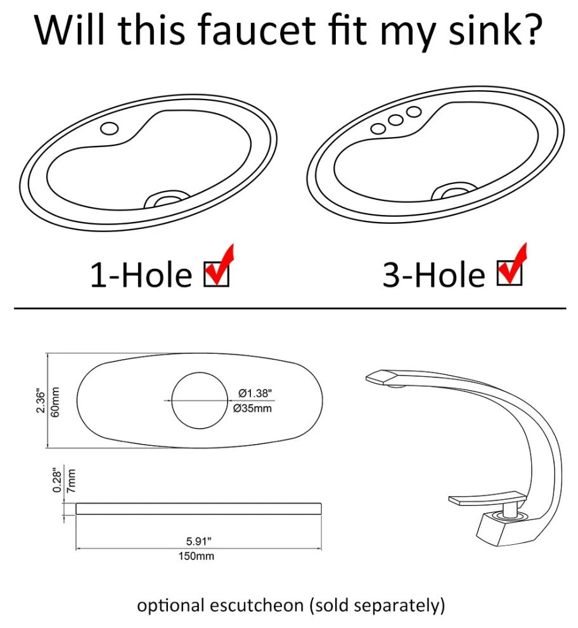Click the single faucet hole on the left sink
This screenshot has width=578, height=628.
click(x=109, y=129)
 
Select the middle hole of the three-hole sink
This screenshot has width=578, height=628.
click(x=395, y=120)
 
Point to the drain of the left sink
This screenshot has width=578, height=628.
click(x=166, y=200)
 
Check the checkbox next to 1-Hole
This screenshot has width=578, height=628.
click(x=216, y=274)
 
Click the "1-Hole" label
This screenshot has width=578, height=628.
click(x=141, y=275)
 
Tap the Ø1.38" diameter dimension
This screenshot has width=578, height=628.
click(x=255, y=393)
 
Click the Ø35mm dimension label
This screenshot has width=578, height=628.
click(x=252, y=409)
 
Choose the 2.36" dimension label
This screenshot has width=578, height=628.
click(x=41, y=400)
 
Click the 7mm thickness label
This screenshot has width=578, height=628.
click(x=71, y=481)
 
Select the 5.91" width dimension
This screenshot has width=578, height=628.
click(x=198, y=542)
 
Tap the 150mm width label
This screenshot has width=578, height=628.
click(x=196, y=556)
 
